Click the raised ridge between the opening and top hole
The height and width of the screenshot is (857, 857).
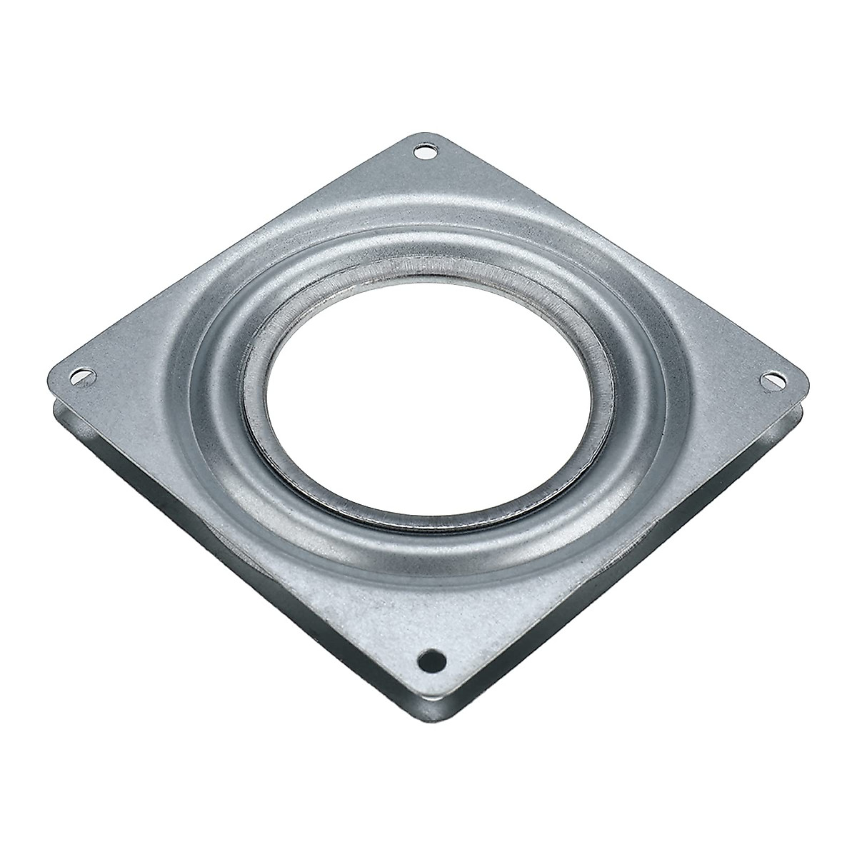click(427, 214)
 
